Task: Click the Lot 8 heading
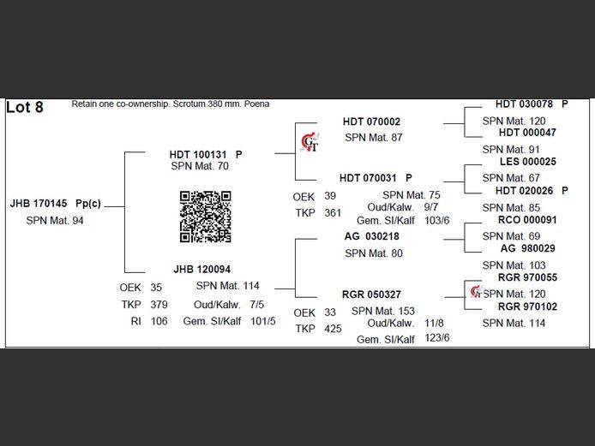point(25,108)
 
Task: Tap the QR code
point(206,217)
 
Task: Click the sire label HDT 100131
point(199,154)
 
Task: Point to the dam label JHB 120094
point(201,269)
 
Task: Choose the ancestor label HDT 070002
point(371,122)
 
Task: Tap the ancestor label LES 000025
point(527,162)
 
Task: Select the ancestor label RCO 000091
point(527,220)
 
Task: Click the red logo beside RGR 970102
point(477,293)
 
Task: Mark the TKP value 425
point(333,329)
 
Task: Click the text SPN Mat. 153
point(383,311)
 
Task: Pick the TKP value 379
point(159,305)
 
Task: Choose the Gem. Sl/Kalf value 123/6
point(436,338)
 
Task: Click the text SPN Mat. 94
point(55,221)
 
